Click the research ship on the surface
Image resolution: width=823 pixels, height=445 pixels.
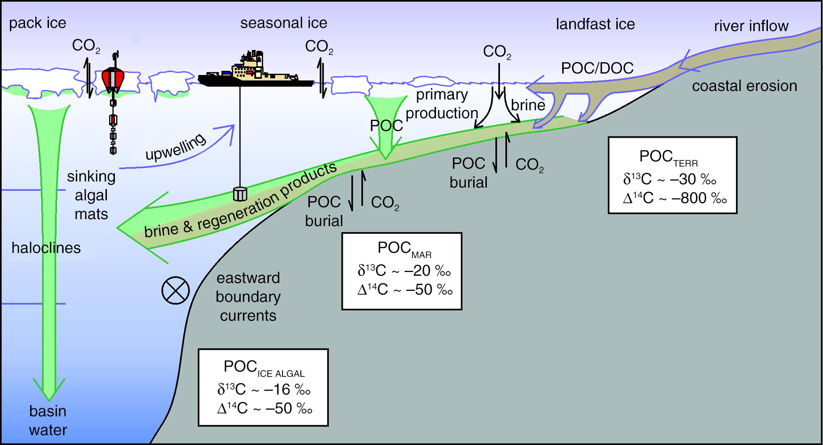254,73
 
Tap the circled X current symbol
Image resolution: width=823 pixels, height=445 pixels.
176,290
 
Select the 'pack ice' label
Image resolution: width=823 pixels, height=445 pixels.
38,23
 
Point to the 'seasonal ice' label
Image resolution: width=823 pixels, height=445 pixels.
283,23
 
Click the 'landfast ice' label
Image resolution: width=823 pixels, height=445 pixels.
595,24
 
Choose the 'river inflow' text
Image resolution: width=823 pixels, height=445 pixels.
751,26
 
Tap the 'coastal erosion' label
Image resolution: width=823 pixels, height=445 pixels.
744,86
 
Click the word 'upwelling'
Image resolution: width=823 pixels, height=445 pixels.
176,147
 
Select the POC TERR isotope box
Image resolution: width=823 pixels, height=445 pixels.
672,175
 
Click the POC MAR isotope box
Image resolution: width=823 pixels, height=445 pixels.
402,271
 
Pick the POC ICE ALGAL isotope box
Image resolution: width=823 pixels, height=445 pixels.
263,387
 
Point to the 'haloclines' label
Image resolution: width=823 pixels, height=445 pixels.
46,248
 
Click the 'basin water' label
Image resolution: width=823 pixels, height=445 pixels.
48,420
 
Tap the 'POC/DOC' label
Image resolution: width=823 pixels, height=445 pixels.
597,68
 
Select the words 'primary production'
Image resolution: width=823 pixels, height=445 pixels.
442,104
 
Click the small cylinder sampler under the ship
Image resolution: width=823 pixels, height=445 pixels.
240,194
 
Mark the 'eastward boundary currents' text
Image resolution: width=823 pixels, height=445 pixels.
248,297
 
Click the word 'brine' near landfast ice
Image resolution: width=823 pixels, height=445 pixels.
528,105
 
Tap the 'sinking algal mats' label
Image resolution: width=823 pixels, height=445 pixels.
91,195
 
